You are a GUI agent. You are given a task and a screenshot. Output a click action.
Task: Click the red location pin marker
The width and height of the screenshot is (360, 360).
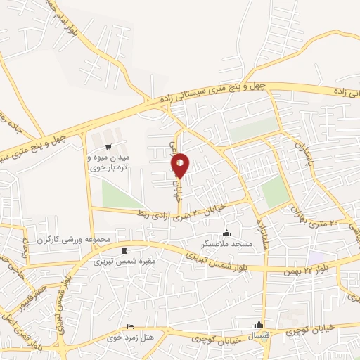pyautogui.click(x=180, y=165)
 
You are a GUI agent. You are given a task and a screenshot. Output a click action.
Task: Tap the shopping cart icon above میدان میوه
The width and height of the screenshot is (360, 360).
pyautogui.click(x=108, y=147)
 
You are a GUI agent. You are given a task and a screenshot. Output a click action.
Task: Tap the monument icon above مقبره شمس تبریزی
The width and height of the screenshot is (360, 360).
pyautogui.click(x=124, y=250)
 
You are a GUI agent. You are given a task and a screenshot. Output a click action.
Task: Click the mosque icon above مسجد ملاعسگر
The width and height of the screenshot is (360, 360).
pyautogui.click(x=226, y=233)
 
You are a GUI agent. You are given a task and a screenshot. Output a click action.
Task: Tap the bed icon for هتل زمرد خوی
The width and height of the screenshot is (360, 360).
pyautogui.click(x=129, y=327)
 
